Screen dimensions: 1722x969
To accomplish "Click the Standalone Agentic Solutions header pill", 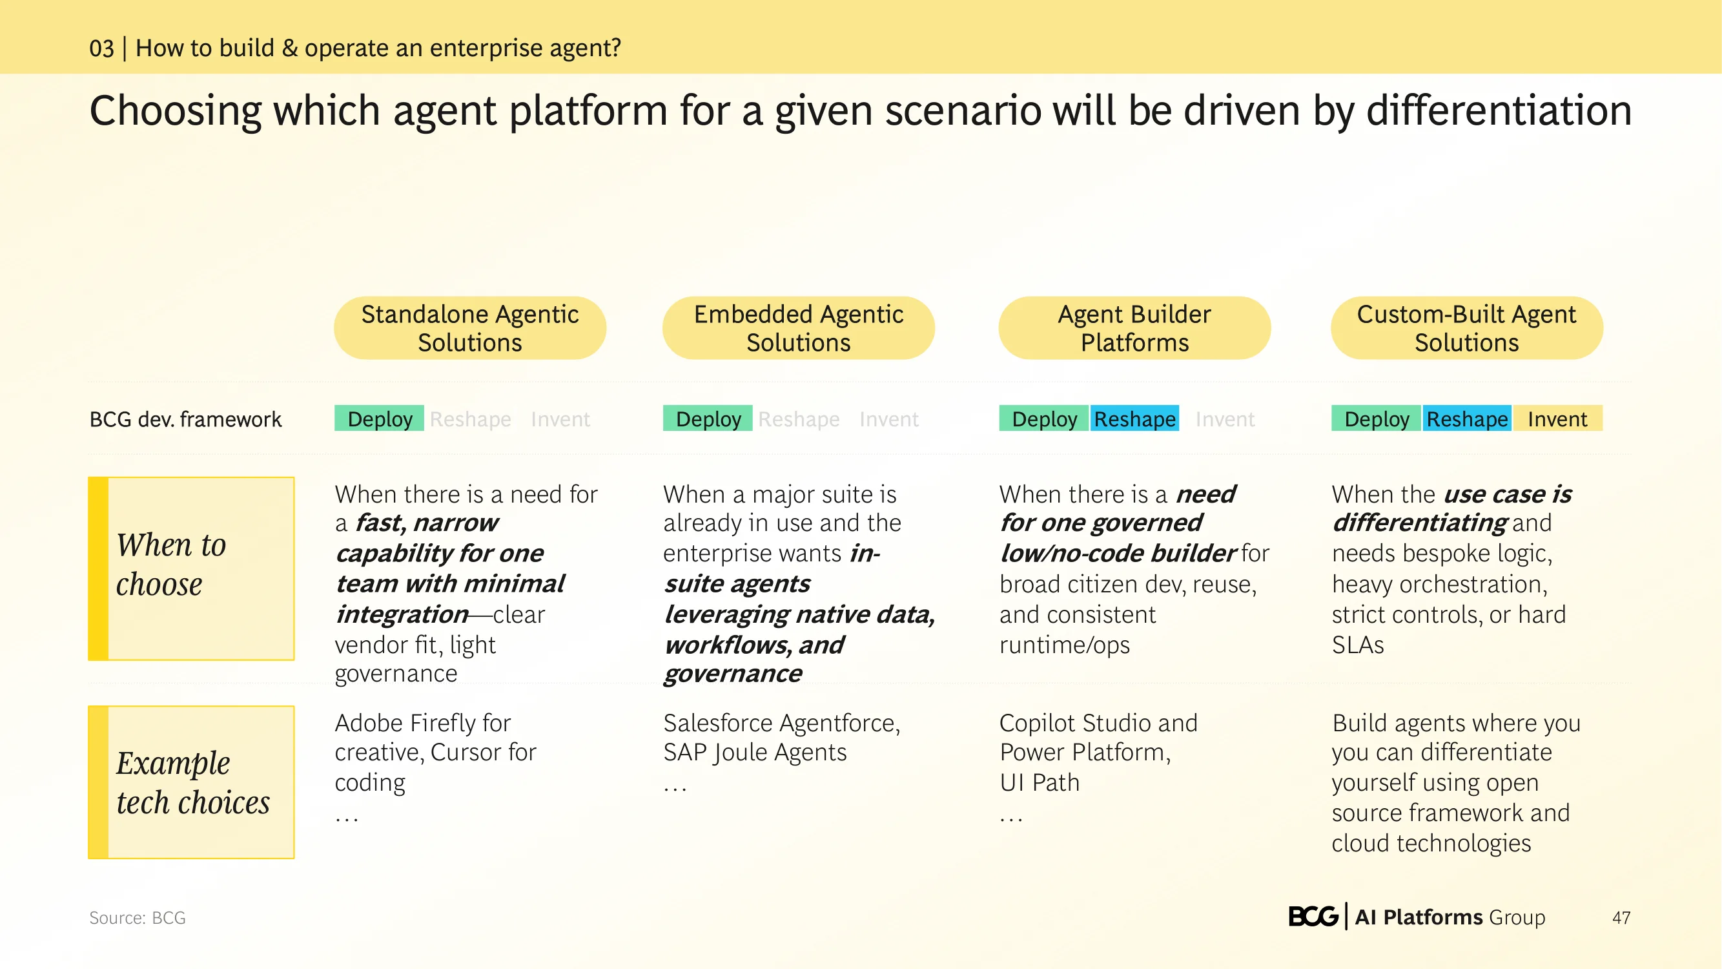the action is (x=470, y=328).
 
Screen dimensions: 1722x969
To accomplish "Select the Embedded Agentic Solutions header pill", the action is (x=798, y=328).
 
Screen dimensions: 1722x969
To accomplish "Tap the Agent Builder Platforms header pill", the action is (x=1134, y=328).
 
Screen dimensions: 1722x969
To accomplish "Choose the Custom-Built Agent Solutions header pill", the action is (x=1467, y=328).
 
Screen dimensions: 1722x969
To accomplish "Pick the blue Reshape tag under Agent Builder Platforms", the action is (x=1134, y=419).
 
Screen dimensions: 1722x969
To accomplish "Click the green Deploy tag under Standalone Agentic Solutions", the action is (x=379, y=419).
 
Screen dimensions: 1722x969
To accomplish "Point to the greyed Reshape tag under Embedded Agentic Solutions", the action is (x=799, y=419).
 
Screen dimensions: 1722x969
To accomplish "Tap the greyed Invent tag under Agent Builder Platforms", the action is (x=1225, y=419).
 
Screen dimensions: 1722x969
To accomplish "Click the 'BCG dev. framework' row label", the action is (x=185, y=419).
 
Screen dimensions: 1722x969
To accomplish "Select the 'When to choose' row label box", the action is (x=191, y=568).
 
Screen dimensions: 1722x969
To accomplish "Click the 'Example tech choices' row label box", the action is (x=191, y=782).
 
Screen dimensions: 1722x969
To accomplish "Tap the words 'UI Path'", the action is (x=1040, y=782).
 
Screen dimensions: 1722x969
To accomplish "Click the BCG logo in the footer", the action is (x=1313, y=917).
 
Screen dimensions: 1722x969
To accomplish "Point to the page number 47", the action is (x=1621, y=917).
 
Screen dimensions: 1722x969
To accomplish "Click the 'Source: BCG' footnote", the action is (x=137, y=917).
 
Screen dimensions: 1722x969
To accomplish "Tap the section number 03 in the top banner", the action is (x=101, y=48).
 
